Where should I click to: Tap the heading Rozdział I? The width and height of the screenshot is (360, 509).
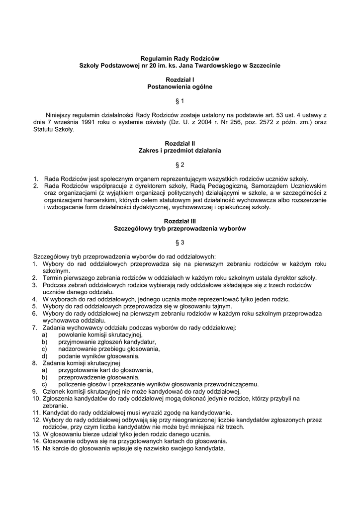coord(180,80)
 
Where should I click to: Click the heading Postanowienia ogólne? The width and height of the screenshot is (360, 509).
coord(180,86)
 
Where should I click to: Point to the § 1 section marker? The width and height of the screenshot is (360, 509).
coord(180,101)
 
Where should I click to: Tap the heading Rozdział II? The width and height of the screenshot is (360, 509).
coord(180,143)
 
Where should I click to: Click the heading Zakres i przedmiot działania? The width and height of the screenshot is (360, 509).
coord(180,150)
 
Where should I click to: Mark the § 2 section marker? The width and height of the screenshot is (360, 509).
coord(180,164)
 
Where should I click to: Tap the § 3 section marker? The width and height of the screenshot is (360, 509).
coord(180,242)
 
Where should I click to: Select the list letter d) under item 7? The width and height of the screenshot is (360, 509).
coord(45,356)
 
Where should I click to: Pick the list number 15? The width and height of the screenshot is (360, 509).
coord(36,447)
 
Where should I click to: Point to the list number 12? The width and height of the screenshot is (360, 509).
coord(36,420)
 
